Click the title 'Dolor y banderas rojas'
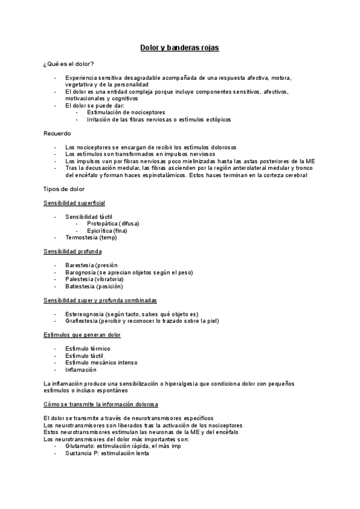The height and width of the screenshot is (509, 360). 179,47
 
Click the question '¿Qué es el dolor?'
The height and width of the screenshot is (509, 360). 68,64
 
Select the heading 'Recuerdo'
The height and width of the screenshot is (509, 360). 58,133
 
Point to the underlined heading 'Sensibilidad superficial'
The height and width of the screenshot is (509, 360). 74,203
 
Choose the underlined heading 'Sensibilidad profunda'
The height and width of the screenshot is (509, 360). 73,251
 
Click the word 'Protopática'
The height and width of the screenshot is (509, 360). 101,223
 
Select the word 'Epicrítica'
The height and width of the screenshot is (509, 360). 100,230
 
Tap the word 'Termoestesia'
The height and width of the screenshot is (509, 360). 82,238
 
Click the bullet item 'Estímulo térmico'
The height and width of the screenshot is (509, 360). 88,348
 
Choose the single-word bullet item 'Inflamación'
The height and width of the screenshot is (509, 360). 81,370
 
